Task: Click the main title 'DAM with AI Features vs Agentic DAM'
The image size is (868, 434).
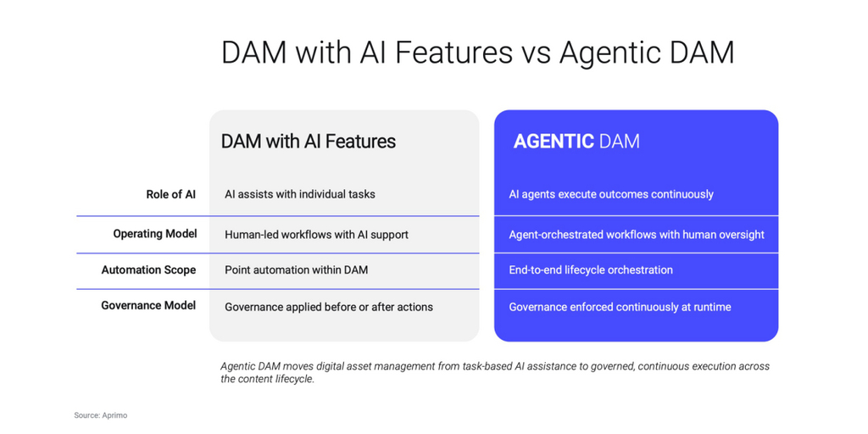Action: click(477, 53)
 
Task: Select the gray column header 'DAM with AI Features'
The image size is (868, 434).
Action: click(309, 142)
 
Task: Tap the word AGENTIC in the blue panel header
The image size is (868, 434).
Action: click(554, 142)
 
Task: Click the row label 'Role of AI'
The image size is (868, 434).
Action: click(170, 194)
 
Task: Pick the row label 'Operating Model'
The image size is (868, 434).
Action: click(155, 234)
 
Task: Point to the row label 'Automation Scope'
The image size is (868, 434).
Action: click(148, 270)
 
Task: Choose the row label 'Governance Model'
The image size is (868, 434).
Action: click(148, 305)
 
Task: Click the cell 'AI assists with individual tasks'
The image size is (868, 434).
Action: click(300, 194)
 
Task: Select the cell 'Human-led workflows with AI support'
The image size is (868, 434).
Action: click(316, 234)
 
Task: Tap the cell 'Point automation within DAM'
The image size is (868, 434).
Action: click(296, 270)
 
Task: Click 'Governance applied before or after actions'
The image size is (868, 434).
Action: click(329, 307)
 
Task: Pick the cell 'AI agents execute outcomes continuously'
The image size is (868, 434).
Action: click(611, 194)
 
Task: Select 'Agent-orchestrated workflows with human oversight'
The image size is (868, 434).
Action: click(637, 234)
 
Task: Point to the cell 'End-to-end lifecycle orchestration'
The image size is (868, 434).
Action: click(591, 270)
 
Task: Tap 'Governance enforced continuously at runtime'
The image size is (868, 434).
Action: click(620, 307)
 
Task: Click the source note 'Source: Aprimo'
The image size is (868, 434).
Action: click(100, 415)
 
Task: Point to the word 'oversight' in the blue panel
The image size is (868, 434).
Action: click(740, 234)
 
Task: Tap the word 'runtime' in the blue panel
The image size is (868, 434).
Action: click(711, 307)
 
